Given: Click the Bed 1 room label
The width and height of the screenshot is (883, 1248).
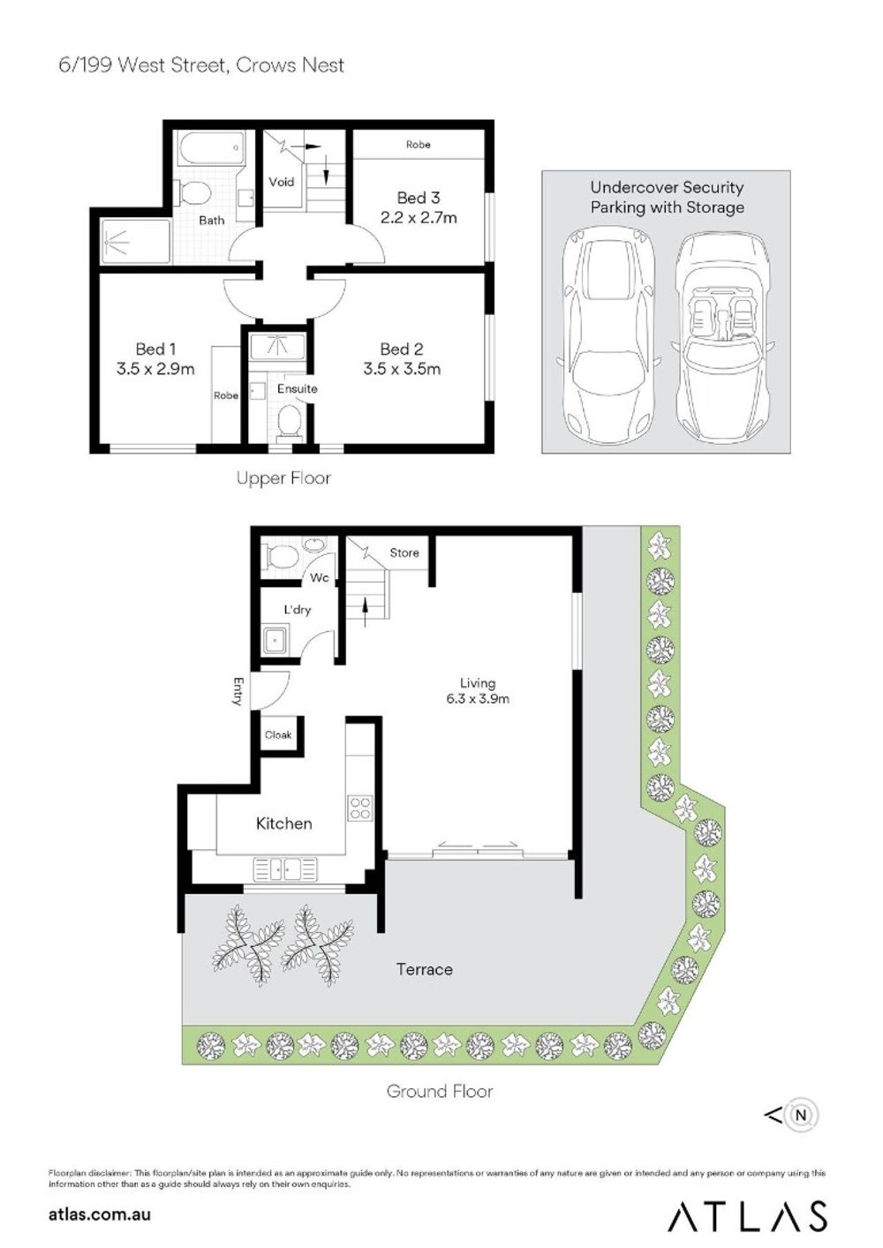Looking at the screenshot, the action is pyautogui.click(x=155, y=350).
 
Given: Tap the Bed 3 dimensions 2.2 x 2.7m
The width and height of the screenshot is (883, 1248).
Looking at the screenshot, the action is pyautogui.click(x=419, y=217).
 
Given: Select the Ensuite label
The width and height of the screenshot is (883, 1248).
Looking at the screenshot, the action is pyautogui.click(x=297, y=389).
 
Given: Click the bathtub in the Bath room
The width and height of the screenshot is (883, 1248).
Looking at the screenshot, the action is pyautogui.click(x=212, y=147).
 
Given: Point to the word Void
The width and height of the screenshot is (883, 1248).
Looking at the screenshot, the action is pyautogui.click(x=282, y=182).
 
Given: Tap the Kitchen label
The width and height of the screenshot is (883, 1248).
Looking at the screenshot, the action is pyautogui.click(x=283, y=823).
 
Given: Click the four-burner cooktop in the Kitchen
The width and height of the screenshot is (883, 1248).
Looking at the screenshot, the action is pyautogui.click(x=360, y=808).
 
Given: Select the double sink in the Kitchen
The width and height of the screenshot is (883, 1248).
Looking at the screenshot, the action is pyautogui.click(x=285, y=868).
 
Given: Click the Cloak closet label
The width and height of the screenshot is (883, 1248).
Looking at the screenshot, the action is pyautogui.click(x=278, y=735).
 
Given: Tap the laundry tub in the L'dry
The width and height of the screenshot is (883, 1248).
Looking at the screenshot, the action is pyautogui.click(x=275, y=640).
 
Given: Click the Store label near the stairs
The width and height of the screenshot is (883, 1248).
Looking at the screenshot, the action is pyautogui.click(x=404, y=553).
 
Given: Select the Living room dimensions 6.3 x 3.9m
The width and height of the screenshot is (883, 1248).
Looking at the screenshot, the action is pyautogui.click(x=478, y=699).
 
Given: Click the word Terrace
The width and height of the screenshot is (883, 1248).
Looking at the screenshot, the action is pyautogui.click(x=424, y=969).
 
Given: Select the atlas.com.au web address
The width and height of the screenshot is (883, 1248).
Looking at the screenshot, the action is pyautogui.click(x=100, y=1215).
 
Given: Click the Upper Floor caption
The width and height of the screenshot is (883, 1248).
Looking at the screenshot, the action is pyautogui.click(x=283, y=478).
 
